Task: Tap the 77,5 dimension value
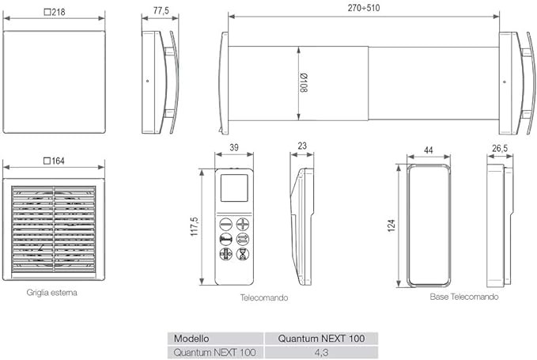tap(161, 10)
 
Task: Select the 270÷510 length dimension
tap(364, 8)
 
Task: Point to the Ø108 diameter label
tap(304, 82)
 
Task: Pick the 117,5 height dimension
tap(195, 226)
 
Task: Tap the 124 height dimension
tap(391, 225)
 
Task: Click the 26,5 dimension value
tap(500, 149)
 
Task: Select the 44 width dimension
tap(429, 150)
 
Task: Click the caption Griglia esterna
tap(51, 293)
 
